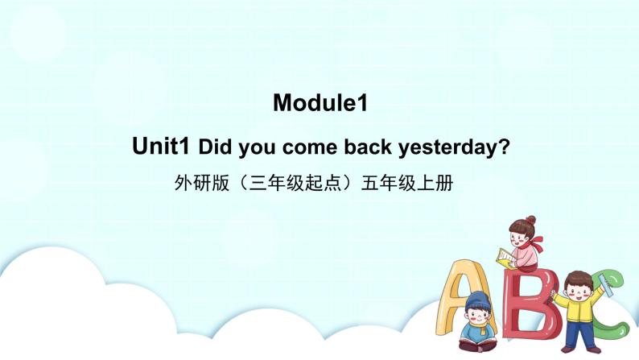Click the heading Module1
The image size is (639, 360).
coord(319,103)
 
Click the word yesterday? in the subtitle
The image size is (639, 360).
coord(456,149)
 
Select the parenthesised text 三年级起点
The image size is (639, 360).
coord(298,184)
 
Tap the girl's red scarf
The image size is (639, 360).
coord(531,239)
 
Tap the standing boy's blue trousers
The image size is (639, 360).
coord(575,333)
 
